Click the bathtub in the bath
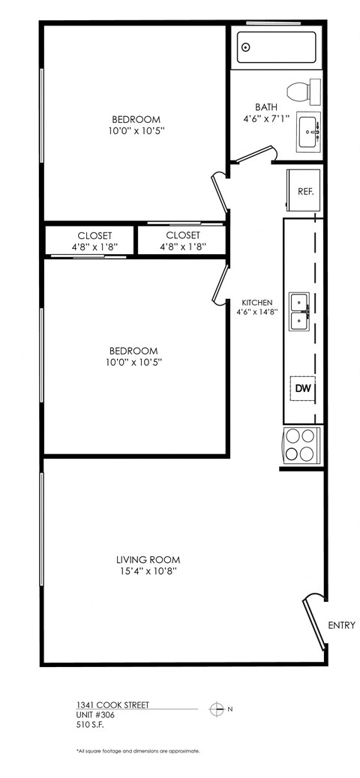click(276, 47)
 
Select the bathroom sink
click(307, 132)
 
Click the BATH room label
click(266, 107)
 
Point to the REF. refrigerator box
click(304, 191)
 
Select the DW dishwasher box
click(302, 388)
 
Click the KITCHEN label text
click(256, 303)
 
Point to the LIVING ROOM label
click(148, 559)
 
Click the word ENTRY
click(341, 625)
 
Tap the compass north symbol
click(217, 708)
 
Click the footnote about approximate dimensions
click(137, 750)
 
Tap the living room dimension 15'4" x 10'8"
click(148, 571)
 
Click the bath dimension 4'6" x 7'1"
click(266, 118)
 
